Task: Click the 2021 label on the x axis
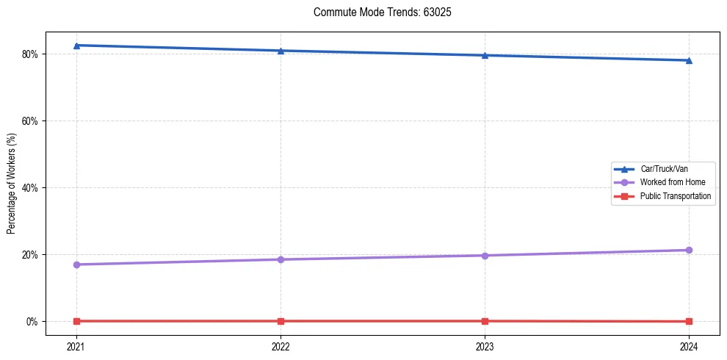(76, 346)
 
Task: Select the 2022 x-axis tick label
(281, 346)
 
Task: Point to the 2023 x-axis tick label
(485, 346)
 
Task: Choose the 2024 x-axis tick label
(689, 346)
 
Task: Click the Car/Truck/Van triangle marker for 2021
(76, 46)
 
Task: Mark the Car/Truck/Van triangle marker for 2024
(689, 60)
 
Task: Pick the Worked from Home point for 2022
(281, 259)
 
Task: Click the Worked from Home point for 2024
(689, 250)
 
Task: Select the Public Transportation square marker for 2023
(485, 321)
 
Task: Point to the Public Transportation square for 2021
(76, 321)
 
